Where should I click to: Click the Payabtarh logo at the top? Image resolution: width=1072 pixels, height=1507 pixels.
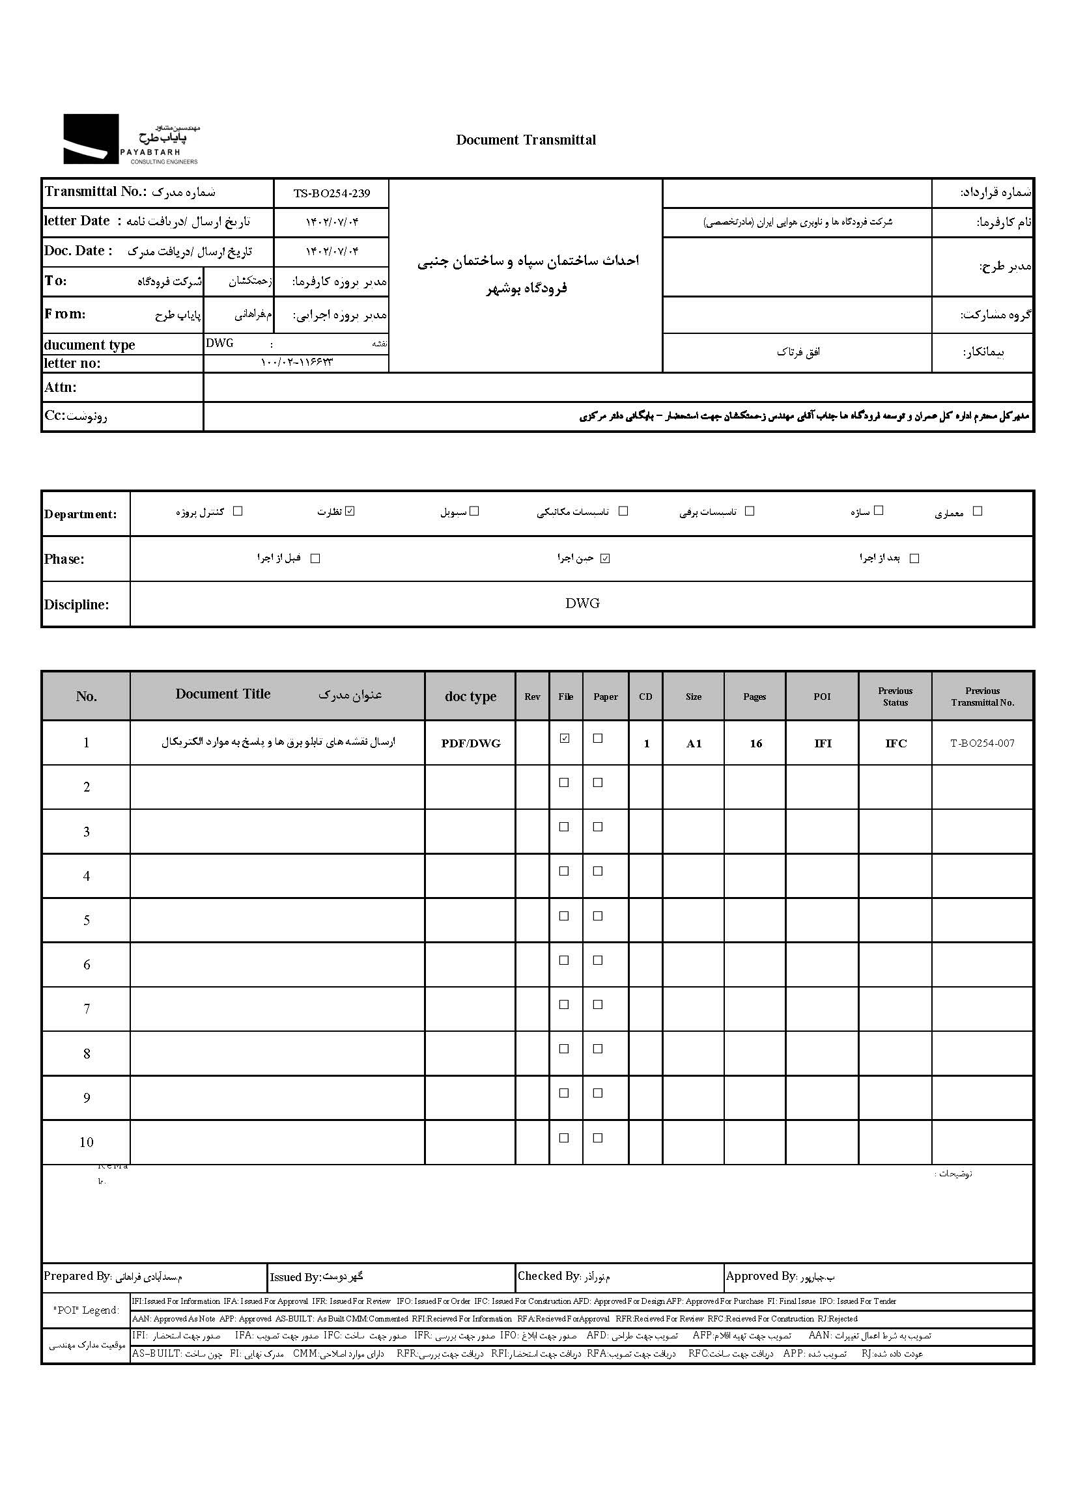(x=130, y=139)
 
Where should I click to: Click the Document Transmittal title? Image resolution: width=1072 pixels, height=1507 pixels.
(x=526, y=140)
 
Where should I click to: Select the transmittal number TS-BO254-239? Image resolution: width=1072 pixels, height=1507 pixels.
(x=331, y=193)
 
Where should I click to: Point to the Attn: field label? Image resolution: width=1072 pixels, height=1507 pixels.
(x=61, y=387)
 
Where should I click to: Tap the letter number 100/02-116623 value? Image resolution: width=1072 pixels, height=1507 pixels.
(x=296, y=362)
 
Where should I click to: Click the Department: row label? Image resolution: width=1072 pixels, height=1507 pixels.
(x=81, y=514)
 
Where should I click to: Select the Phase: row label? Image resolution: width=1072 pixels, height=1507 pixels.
(x=64, y=559)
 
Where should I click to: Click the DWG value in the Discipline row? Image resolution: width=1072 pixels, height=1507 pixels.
(x=582, y=603)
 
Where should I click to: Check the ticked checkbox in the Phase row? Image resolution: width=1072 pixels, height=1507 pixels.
(x=605, y=558)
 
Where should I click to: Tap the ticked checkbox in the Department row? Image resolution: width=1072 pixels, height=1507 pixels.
(x=350, y=511)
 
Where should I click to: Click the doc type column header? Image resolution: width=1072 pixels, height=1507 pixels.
(x=470, y=697)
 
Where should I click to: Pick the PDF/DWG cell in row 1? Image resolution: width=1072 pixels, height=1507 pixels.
(x=471, y=743)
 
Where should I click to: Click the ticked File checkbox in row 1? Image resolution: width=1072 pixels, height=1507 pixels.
(x=565, y=738)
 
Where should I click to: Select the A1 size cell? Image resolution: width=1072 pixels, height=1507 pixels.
(x=693, y=743)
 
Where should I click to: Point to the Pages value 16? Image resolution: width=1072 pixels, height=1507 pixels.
(x=756, y=743)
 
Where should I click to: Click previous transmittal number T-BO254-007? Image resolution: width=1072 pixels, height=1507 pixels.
(x=981, y=743)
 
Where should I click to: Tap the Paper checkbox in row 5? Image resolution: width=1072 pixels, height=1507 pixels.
(x=598, y=916)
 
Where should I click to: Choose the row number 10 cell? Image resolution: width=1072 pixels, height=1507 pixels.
(x=87, y=1142)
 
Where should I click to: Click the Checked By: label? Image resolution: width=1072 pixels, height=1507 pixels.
(x=548, y=1276)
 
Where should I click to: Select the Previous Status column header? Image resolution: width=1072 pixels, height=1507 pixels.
(x=895, y=697)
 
